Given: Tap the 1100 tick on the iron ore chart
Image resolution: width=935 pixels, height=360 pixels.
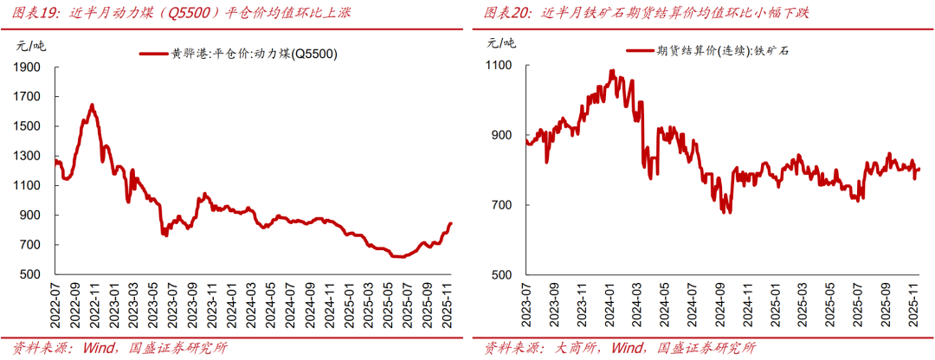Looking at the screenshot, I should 500,66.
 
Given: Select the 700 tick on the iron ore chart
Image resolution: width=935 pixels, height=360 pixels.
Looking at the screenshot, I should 503,205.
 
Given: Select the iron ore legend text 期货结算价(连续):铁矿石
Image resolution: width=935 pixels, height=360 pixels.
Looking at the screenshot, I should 723,51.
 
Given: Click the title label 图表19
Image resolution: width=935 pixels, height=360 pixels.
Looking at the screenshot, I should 31,13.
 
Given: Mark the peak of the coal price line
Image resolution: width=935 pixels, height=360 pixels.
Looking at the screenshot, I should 92,105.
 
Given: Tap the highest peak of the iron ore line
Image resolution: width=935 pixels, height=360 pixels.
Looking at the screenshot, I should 612,71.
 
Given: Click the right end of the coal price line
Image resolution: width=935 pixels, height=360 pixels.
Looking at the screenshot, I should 450,224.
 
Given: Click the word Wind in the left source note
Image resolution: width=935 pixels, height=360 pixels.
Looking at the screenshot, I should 101,348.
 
